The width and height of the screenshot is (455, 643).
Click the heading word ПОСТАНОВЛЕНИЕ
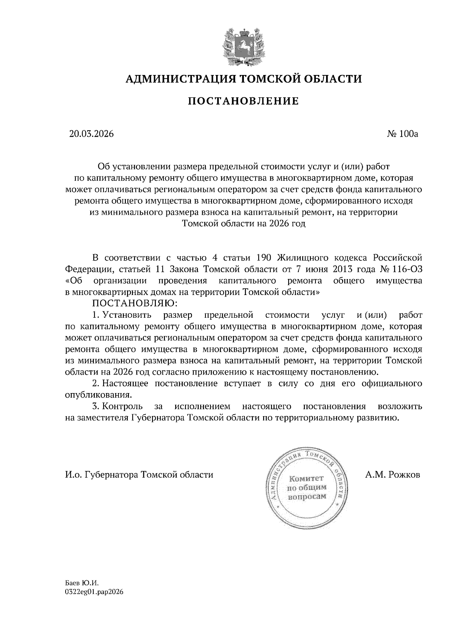point(243,101)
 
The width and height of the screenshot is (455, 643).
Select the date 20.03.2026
point(91,134)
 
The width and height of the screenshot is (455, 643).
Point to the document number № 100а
point(402,134)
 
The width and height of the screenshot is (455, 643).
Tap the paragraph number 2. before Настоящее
point(96,383)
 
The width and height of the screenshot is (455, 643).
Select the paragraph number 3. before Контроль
point(96,406)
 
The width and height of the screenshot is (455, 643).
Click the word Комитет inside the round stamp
point(307,478)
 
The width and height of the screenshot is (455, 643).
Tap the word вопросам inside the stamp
point(307,496)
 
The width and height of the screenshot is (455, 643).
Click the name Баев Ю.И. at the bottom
point(82,585)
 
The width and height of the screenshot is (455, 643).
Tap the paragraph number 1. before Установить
point(96,315)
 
